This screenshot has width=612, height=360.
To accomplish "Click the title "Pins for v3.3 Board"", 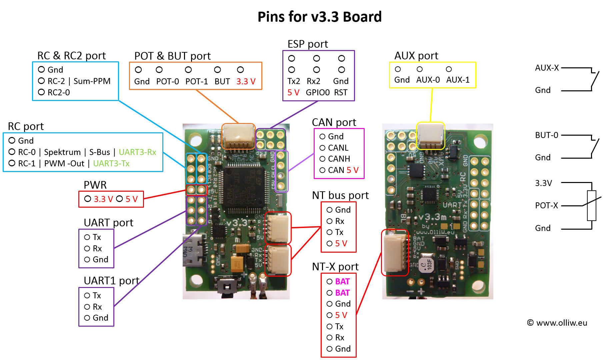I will (x=319, y=17).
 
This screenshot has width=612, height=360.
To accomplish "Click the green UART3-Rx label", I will (x=137, y=152).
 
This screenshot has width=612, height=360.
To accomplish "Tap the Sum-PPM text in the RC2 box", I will (x=92, y=81).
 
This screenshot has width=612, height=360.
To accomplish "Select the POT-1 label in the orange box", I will (x=197, y=81).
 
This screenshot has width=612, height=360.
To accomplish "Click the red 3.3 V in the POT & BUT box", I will (x=246, y=81).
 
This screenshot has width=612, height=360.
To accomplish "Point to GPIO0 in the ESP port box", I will (x=318, y=92).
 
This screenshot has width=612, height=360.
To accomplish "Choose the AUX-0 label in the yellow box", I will (x=428, y=80).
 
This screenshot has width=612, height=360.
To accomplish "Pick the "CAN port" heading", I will (x=334, y=122).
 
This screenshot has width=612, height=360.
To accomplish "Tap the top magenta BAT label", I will (x=342, y=281).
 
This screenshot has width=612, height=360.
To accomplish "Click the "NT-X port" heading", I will (x=335, y=266).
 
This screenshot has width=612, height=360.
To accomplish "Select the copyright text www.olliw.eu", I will (x=557, y=323).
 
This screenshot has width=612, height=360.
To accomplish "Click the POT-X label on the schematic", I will (x=546, y=205).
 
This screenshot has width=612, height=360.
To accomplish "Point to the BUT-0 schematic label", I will (x=546, y=135).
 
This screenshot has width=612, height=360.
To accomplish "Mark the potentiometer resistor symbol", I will (x=592, y=206).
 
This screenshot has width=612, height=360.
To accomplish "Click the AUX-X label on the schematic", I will (x=547, y=68).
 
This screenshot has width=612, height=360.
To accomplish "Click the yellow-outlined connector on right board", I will (x=430, y=136).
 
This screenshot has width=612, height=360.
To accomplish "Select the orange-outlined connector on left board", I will (x=238, y=136).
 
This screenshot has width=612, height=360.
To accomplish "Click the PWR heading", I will (x=95, y=185).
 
